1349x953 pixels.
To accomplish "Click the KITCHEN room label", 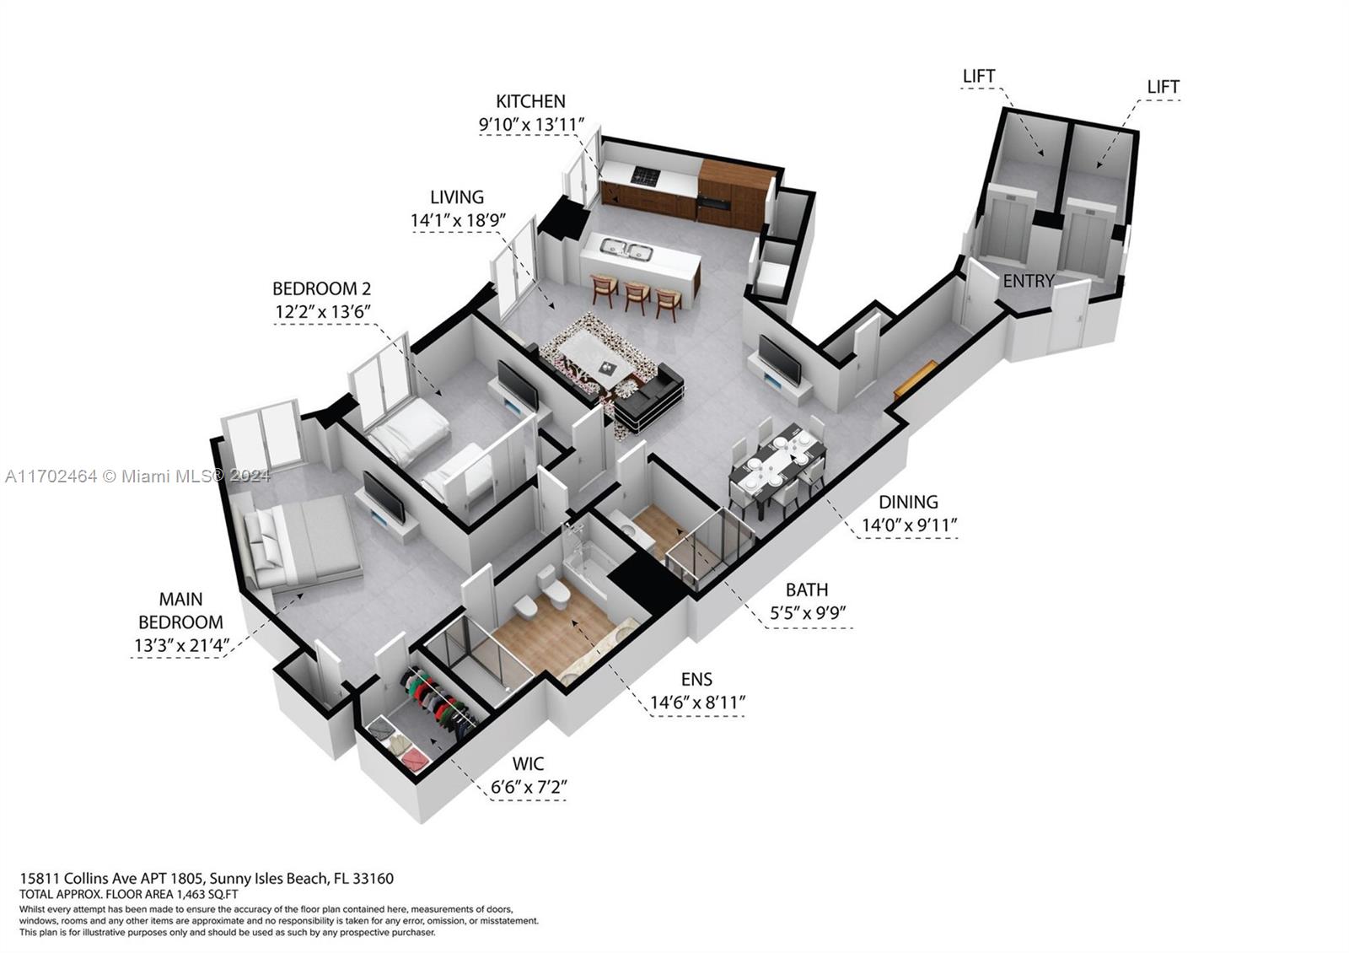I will [x=530, y=101].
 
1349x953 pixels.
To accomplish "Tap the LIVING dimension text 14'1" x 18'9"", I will [x=457, y=221].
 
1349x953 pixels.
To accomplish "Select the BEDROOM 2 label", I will [x=321, y=288].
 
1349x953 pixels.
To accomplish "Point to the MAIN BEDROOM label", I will [x=180, y=611].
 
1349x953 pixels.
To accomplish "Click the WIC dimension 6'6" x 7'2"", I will [x=529, y=788].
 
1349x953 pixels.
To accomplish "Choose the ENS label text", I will [x=696, y=679].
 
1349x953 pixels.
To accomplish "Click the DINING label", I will [x=909, y=502].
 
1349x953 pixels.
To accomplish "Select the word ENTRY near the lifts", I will [x=1028, y=281].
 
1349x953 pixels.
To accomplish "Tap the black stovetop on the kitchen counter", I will [x=646, y=176].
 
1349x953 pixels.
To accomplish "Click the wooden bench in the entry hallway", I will [x=915, y=380].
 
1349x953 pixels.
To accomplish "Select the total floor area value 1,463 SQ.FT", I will [x=203, y=893].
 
